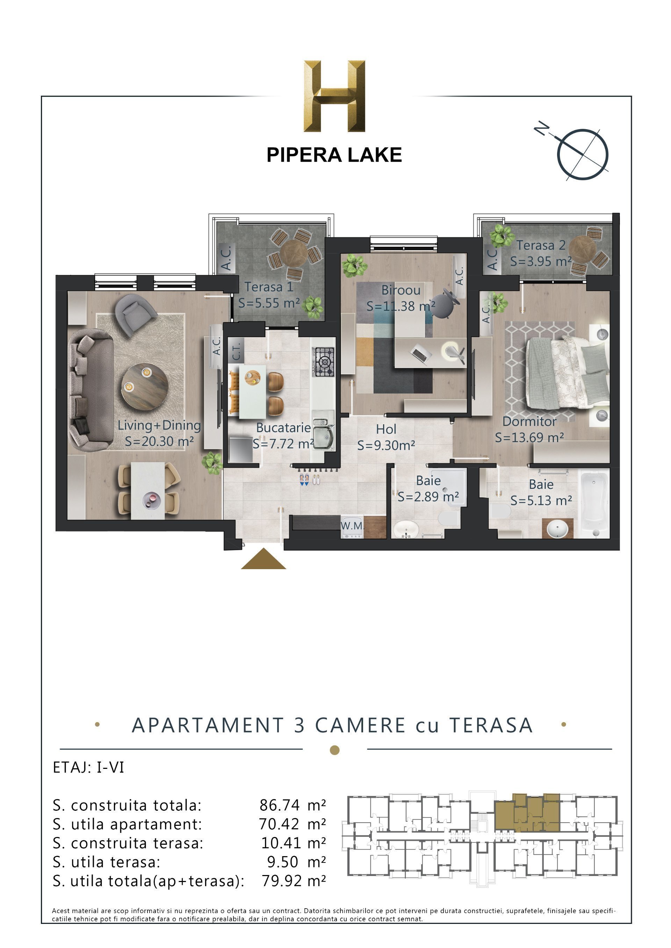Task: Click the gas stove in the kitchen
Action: pos(324,362)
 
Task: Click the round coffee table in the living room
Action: pos(145,384)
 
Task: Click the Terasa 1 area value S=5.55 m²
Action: pos(269,303)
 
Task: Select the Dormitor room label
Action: pos(529,421)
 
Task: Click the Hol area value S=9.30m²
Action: pos(386,446)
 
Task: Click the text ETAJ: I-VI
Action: pos(88,767)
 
